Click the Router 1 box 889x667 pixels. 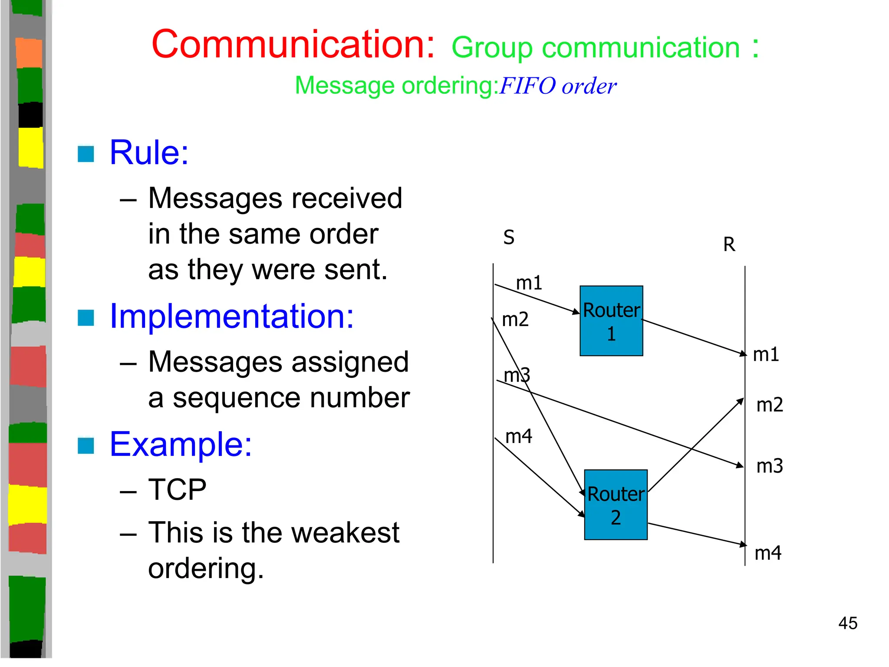611,321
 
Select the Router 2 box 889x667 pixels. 616,505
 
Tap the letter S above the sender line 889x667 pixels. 509,238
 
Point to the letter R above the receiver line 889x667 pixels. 729,244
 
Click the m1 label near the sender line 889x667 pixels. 529,283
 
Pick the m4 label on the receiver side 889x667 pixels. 768,553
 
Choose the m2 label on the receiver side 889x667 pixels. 770,405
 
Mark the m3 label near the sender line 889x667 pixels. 517,375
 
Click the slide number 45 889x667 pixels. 848,624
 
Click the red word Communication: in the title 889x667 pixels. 293,44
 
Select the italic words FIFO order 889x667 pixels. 558,86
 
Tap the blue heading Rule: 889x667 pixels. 149,152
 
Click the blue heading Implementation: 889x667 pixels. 232,316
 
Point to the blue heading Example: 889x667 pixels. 181,444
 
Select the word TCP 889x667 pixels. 177,490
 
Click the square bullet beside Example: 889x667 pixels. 86,446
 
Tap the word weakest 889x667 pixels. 345,533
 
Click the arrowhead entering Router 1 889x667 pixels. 576,312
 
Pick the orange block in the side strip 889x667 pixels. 29,53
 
